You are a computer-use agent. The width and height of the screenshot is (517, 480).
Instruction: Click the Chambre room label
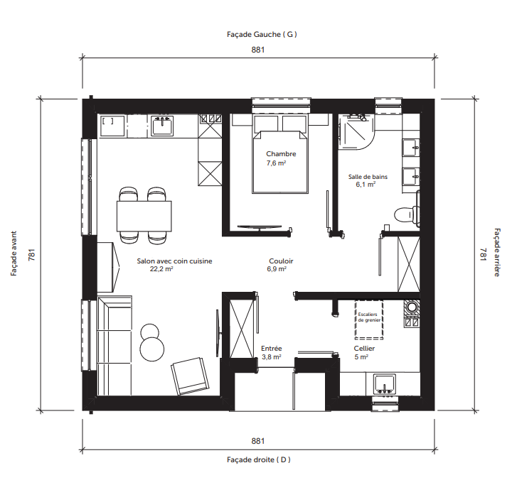[281, 154]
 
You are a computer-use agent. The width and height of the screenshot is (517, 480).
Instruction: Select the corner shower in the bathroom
[356, 131]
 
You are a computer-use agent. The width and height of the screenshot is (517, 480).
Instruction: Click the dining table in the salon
[144, 216]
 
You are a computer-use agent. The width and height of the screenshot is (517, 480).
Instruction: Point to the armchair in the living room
[190, 376]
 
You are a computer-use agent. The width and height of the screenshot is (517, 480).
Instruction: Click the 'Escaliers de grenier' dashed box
[369, 320]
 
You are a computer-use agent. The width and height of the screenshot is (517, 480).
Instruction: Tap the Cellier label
[364, 349]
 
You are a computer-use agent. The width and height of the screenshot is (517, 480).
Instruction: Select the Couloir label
[281, 261]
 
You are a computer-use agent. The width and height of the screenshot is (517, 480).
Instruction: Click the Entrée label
[272, 349]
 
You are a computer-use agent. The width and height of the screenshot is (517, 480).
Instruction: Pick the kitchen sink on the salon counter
[162, 126]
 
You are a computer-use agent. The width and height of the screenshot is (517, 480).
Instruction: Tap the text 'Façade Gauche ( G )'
[262, 34]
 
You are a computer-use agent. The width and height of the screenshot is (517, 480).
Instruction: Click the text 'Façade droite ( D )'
[259, 459]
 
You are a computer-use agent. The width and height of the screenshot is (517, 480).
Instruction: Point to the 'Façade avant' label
[14, 253]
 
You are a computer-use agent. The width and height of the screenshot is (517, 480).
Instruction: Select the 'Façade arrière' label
[497, 252]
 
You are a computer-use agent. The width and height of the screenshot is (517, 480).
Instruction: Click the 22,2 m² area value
[161, 269]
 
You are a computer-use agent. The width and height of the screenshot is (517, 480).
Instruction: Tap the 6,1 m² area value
[366, 185]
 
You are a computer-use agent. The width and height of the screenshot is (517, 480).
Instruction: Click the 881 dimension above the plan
[258, 50]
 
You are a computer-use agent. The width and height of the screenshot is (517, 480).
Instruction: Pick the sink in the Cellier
[385, 384]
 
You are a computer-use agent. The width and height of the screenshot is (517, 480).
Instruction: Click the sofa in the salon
[114, 345]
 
